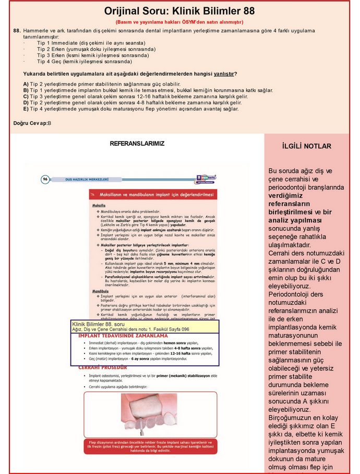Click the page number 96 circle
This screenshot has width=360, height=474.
(x=45, y=179)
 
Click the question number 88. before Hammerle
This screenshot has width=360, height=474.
(x=17, y=31)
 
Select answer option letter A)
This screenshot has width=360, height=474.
(x=26, y=84)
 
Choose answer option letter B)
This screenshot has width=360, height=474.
(x=26, y=90)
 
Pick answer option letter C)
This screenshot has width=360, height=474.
(x=26, y=96)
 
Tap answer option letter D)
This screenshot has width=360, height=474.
(x=26, y=102)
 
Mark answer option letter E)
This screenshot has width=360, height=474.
(x=26, y=109)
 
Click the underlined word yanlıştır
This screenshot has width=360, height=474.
(x=224, y=74)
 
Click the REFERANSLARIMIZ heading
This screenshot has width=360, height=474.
(x=137, y=143)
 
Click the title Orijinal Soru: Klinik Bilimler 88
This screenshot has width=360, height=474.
(x=179, y=11)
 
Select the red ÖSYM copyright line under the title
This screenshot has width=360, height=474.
(x=179, y=22)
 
